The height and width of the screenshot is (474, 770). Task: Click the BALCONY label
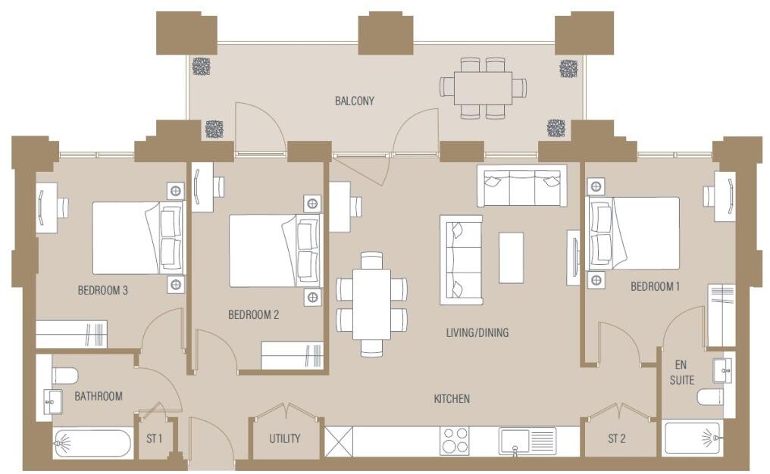click(x=355, y=101)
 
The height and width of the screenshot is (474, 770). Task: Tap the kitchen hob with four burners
click(x=455, y=441)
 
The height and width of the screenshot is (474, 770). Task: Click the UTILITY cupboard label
click(x=285, y=438)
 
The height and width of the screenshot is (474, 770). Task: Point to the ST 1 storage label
click(x=155, y=438)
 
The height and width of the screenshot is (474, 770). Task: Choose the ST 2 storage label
click(x=618, y=438)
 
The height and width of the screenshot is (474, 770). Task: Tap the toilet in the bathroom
click(x=65, y=376)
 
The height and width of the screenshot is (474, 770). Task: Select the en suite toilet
click(x=710, y=398)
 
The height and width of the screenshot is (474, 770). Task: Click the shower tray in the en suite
click(x=693, y=437)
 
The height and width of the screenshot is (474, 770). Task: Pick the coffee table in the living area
click(x=511, y=257)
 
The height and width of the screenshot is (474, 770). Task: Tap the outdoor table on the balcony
click(x=483, y=88)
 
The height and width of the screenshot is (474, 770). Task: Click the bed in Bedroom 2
click(x=273, y=251)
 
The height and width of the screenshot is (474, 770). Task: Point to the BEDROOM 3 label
click(x=102, y=289)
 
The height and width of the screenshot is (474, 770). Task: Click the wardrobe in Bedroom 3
click(x=71, y=333)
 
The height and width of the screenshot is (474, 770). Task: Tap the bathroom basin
click(x=52, y=401)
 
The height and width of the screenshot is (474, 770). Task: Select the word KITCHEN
click(x=452, y=399)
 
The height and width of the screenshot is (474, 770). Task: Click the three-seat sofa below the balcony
click(x=521, y=186)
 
